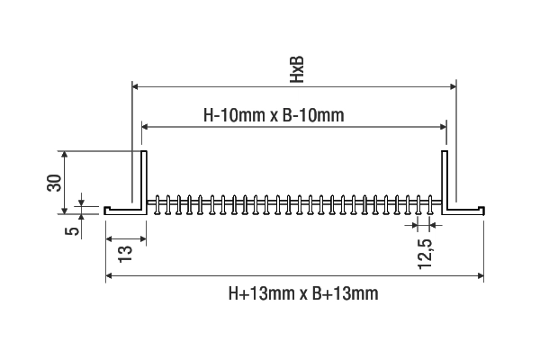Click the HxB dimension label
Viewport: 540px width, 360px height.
point(297,69)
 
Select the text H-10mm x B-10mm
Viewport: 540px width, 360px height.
point(274,115)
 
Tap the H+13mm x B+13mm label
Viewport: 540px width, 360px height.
point(303,293)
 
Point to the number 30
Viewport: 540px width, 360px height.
point(54,183)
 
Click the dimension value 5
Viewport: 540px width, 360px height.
point(72,231)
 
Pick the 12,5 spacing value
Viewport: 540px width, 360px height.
point(425,254)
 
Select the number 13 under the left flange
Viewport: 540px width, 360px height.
point(125,254)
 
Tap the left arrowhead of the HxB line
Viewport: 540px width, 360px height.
point(135,86)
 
